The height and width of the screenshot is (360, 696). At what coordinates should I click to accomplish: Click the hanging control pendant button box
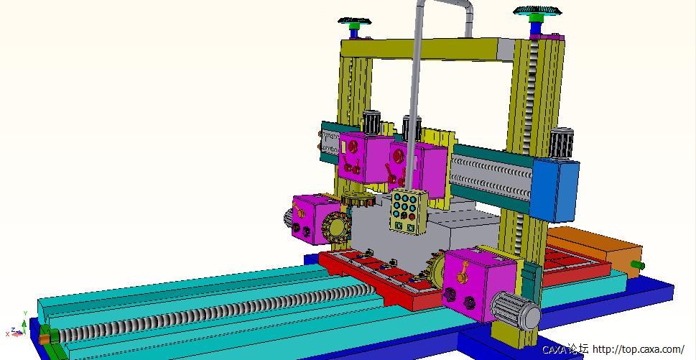tap(409, 211)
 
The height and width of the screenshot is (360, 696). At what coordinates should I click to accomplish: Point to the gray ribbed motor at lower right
tap(516, 311)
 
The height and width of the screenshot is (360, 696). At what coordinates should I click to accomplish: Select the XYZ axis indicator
tap(16, 328)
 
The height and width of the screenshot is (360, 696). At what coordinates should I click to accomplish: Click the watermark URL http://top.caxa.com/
tap(639, 349)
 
